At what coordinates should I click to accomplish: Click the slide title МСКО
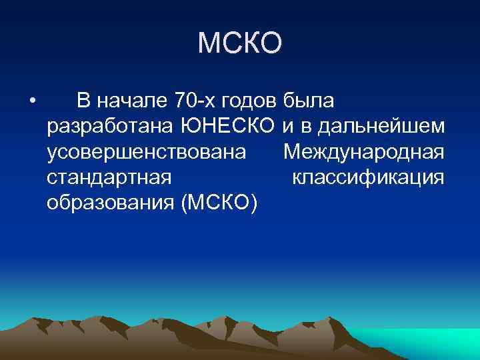point(240,44)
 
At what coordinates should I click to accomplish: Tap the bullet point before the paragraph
point(31,101)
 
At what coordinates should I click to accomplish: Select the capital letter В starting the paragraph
point(83,101)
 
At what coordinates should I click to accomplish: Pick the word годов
point(250,101)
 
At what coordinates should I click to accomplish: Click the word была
point(310,101)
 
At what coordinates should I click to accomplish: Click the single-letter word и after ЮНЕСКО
point(288,127)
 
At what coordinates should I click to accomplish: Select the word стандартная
point(110,177)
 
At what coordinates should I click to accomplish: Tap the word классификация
point(368,177)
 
